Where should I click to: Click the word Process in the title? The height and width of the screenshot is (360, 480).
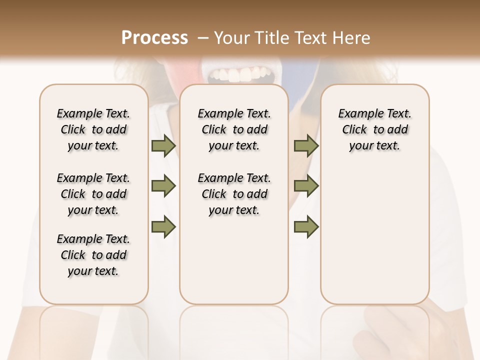pyautogui.click(x=154, y=38)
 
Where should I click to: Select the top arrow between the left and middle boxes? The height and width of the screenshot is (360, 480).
pyautogui.click(x=163, y=145)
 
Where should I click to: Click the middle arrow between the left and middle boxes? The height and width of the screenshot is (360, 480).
pyautogui.click(x=163, y=186)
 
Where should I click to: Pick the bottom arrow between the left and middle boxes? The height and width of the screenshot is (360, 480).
pyautogui.click(x=163, y=226)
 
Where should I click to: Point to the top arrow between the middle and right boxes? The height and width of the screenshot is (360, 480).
pyautogui.click(x=306, y=145)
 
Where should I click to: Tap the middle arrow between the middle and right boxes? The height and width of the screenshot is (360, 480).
pyautogui.click(x=306, y=186)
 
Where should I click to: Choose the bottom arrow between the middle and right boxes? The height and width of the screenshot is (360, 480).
pyautogui.click(x=306, y=226)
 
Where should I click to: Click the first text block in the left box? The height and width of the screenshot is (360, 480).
pyautogui.click(x=93, y=129)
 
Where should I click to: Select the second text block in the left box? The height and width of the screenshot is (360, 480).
pyautogui.click(x=93, y=194)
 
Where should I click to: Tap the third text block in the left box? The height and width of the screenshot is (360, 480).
pyautogui.click(x=93, y=255)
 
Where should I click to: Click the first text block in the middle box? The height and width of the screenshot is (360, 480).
pyautogui.click(x=234, y=129)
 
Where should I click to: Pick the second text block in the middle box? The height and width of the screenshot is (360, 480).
pyautogui.click(x=234, y=194)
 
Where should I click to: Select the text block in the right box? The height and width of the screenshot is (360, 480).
pyautogui.click(x=374, y=129)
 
